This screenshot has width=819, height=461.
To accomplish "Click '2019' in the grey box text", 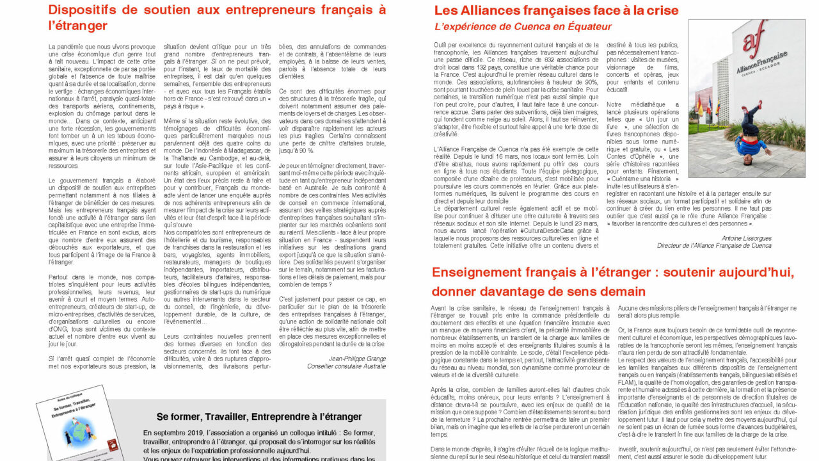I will point(205,432).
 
